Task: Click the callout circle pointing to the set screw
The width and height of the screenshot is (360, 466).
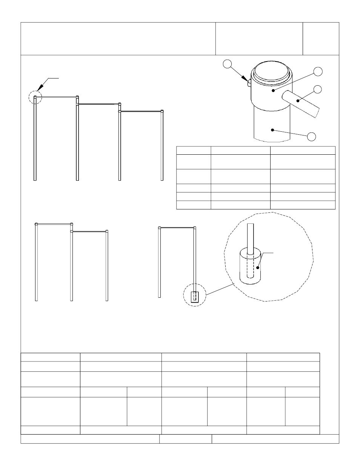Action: pos(227,64)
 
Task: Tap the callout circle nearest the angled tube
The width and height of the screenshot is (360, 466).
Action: pos(318,89)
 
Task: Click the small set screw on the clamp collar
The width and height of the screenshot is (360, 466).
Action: pos(249,83)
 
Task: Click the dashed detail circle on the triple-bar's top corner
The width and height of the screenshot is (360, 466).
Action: pos(35,97)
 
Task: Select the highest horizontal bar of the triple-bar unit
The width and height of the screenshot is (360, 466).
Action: pos(56,97)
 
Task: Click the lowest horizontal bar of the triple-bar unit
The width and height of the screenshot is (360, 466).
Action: pos(141,111)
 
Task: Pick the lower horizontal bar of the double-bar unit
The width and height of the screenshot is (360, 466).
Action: pos(89,231)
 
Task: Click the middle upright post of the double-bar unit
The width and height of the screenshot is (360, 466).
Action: pos(71,264)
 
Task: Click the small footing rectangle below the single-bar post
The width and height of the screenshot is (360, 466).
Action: pos(195,297)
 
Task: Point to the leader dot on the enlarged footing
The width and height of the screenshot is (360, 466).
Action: pos(258,268)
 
